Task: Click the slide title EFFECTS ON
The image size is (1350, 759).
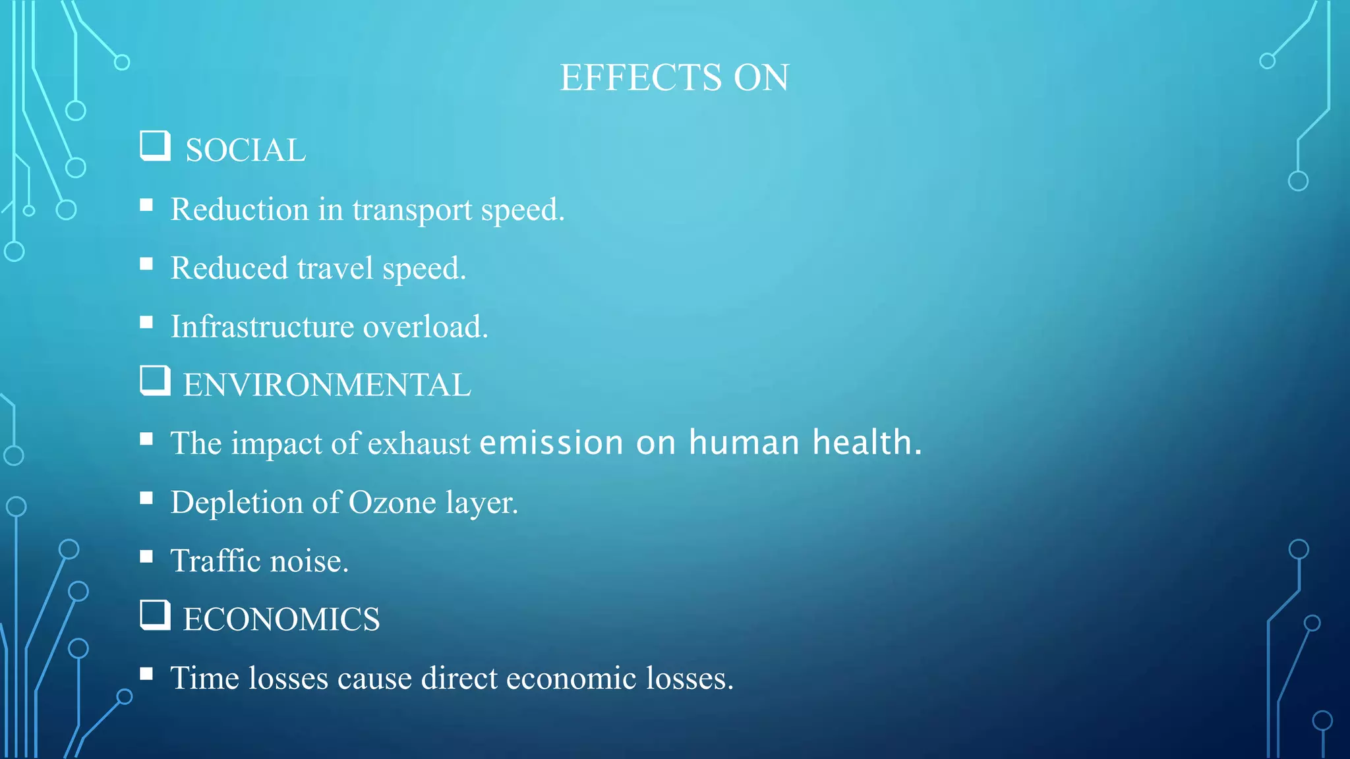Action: click(x=674, y=78)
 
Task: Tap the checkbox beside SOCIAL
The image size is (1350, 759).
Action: click(x=155, y=146)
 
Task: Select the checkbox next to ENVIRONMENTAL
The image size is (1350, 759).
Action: click(x=155, y=380)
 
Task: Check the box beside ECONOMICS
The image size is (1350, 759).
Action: click(x=155, y=615)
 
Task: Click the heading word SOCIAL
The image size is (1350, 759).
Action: click(x=245, y=150)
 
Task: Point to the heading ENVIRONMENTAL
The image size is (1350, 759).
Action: click(x=327, y=385)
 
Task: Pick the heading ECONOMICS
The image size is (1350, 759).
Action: click(x=281, y=619)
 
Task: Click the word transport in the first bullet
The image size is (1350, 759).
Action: click(x=412, y=210)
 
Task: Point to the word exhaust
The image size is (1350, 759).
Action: click(x=419, y=443)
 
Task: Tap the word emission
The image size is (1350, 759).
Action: click(x=552, y=442)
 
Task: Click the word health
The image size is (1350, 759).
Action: click(x=866, y=442)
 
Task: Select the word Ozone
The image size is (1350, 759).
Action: click(x=392, y=503)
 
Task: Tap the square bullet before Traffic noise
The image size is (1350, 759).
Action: click(x=146, y=557)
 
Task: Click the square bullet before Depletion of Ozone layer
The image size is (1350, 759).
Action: click(x=146, y=498)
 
